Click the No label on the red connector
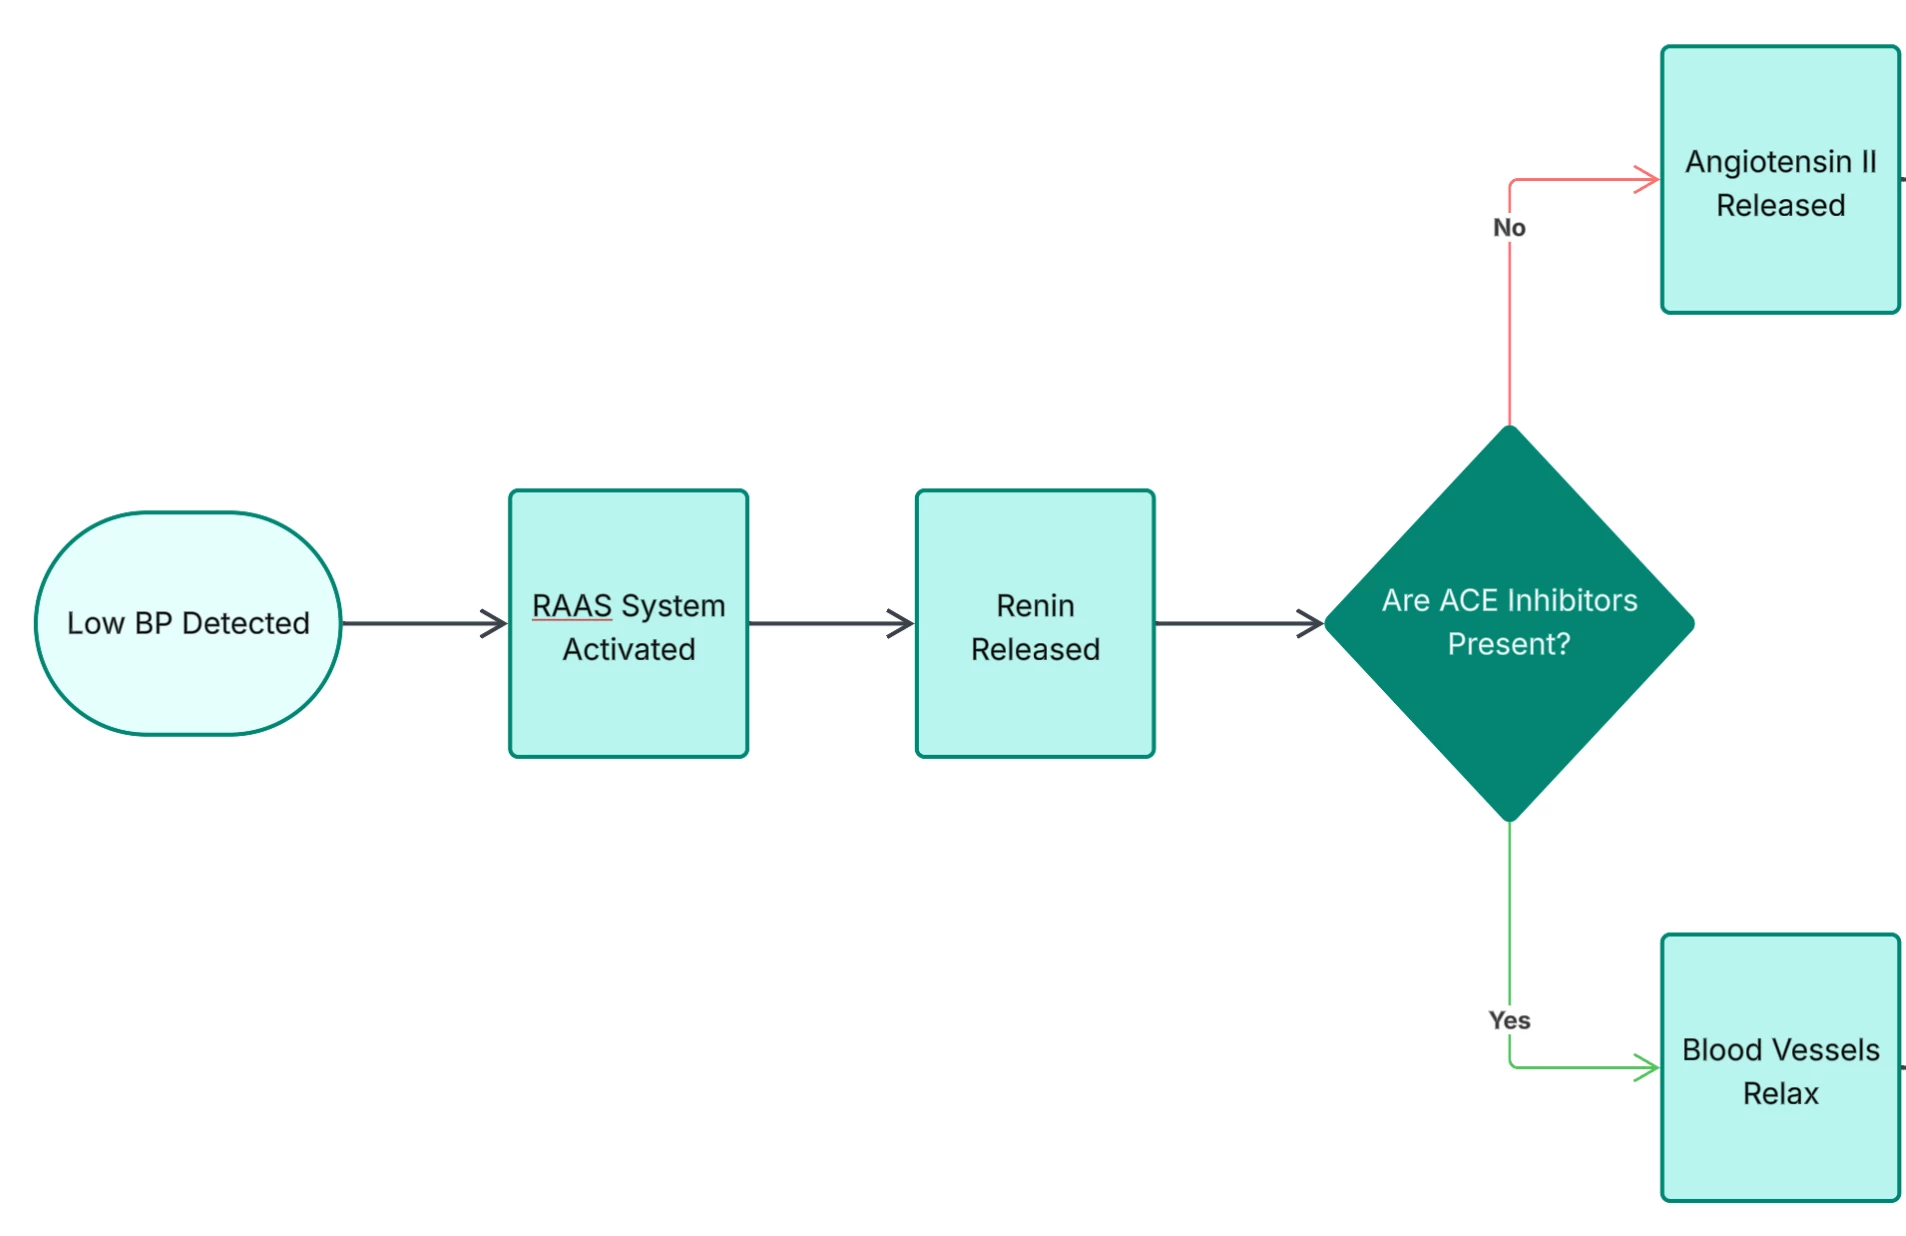[1509, 228]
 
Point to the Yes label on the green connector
[1509, 1020]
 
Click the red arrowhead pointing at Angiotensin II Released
[1648, 180]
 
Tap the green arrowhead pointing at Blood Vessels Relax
[1648, 1067]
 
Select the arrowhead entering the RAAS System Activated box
[495, 623]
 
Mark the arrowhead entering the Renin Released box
[902, 623]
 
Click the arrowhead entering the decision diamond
[1311, 623]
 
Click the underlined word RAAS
[571, 605]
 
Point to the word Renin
[1035, 605]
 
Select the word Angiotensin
[1768, 161]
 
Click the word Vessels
[1825, 1049]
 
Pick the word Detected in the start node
[246, 623]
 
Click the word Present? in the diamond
[1509, 643]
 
